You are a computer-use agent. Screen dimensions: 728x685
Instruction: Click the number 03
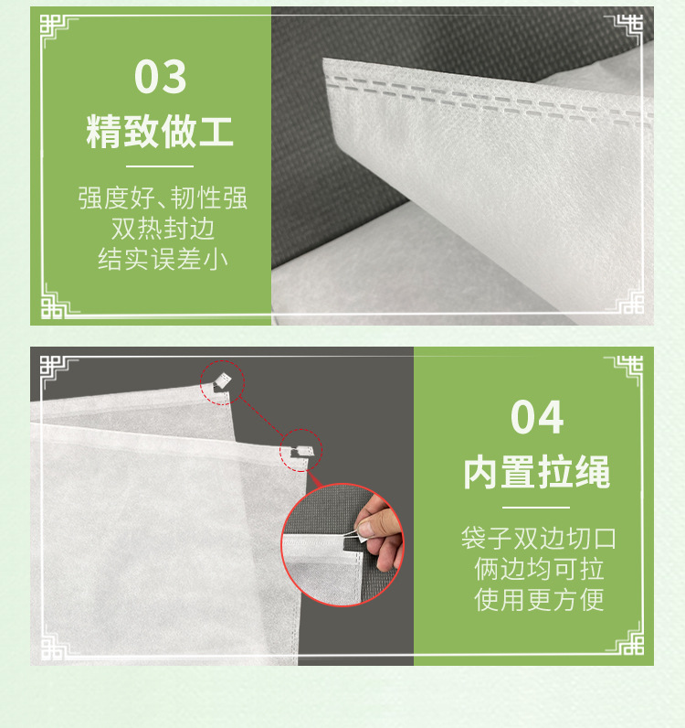coord(160,77)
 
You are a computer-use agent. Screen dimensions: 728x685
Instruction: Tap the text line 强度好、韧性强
coord(162,198)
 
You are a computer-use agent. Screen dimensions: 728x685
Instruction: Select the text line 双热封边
coord(162,229)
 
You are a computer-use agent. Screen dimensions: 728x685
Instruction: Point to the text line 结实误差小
coord(162,260)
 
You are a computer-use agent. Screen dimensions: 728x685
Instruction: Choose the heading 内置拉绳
coord(536,473)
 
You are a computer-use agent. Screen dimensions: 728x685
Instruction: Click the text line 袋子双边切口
coord(538,538)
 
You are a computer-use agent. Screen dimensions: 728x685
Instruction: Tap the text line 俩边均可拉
coord(538,569)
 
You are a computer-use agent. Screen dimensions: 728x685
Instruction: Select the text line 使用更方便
coord(538,600)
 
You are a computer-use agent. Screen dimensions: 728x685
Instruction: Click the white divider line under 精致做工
coord(160,166)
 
